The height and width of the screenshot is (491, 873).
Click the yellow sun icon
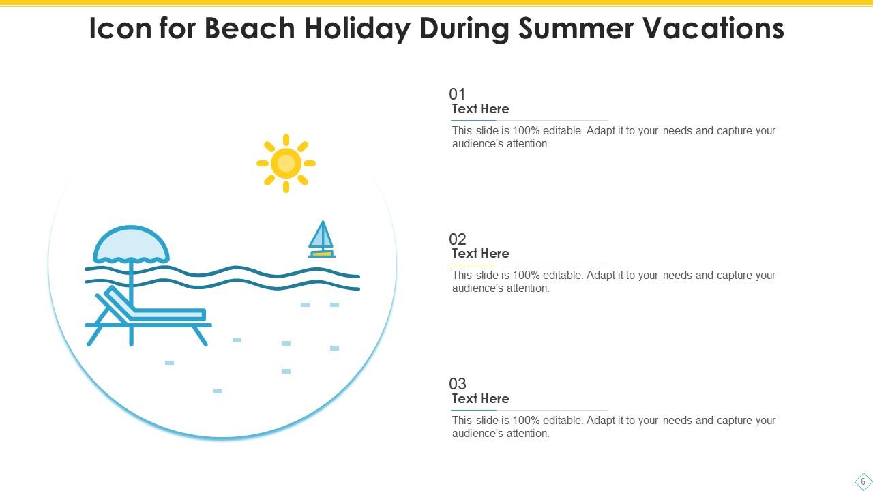[x=286, y=163]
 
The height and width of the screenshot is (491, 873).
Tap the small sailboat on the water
[x=321, y=240]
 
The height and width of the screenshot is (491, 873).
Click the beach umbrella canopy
[x=131, y=245]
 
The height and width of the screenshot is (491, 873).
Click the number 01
[x=457, y=94]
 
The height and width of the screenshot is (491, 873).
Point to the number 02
[x=457, y=239]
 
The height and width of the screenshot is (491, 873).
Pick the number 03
[x=457, y=384]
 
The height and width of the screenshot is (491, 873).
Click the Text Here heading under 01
[x=480, y=109]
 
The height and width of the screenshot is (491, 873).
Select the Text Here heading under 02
[x=480, y=254]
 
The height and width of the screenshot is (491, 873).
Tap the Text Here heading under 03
[x=480, y=399]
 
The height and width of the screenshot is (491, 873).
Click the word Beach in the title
[x=250, y=29]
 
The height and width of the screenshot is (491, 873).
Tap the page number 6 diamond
[x=863, y=481]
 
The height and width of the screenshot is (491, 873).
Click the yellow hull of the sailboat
[x=321, y=254]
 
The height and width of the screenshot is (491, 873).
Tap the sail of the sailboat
[x=321, y=236]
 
